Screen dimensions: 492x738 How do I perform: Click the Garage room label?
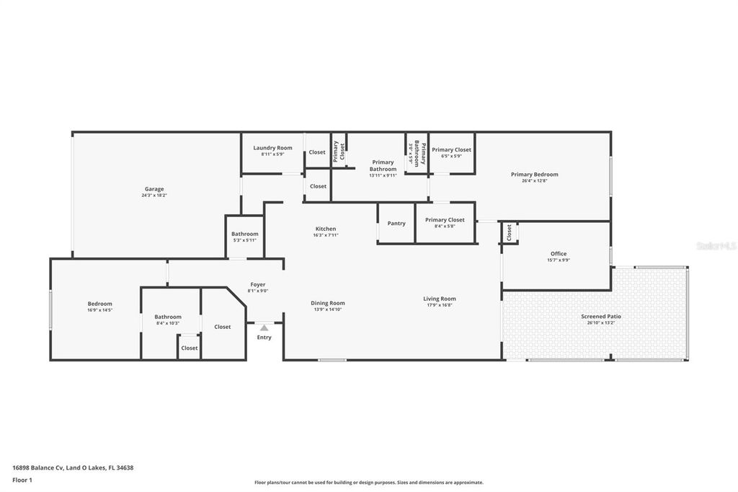point(154,189)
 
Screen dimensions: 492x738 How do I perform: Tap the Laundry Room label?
point(272,148)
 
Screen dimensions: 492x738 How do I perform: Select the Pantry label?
point(396,224)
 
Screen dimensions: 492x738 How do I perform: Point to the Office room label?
point(559,254)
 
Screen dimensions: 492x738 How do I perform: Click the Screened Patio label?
point(601,317)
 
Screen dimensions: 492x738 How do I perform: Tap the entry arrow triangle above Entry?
point(264,328)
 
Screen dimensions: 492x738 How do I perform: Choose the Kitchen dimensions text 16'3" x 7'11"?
point(326,235)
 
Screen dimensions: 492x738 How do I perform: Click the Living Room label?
point(439,299)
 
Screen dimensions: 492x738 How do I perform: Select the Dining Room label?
point(328,303)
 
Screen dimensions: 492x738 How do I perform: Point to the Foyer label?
point(258,285)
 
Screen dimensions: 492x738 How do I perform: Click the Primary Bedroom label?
point(534,175)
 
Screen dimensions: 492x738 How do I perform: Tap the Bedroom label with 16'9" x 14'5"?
point(100,304)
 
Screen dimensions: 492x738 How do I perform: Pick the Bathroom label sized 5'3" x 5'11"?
point(245,234)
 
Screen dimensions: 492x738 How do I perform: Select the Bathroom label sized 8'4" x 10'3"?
point(168,317)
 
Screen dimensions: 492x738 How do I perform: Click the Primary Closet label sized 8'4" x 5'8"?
point(445,220)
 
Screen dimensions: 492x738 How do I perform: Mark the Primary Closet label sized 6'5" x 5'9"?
point(452,150)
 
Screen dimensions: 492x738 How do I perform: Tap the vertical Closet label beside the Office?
point(510,232)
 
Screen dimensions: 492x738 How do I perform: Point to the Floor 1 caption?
point(22,480)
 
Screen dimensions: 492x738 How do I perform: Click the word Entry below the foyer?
point(264,338)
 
